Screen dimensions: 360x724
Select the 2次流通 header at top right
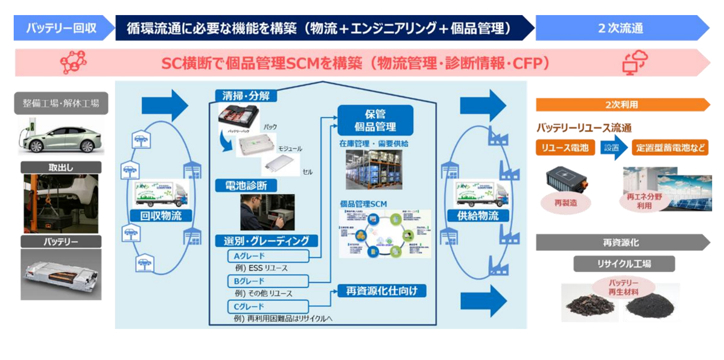[621, 28]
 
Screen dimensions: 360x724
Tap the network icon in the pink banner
[73, 63]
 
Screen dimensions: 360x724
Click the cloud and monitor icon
[635, 63]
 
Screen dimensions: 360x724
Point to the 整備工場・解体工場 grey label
[61, 103]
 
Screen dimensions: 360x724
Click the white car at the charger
[61, 137]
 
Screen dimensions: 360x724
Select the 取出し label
[61, 168]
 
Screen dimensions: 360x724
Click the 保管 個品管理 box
[375, 119]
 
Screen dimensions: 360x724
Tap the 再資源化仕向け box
[381, 291]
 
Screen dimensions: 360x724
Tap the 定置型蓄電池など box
[670, 148]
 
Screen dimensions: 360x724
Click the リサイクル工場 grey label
[624, 264]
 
